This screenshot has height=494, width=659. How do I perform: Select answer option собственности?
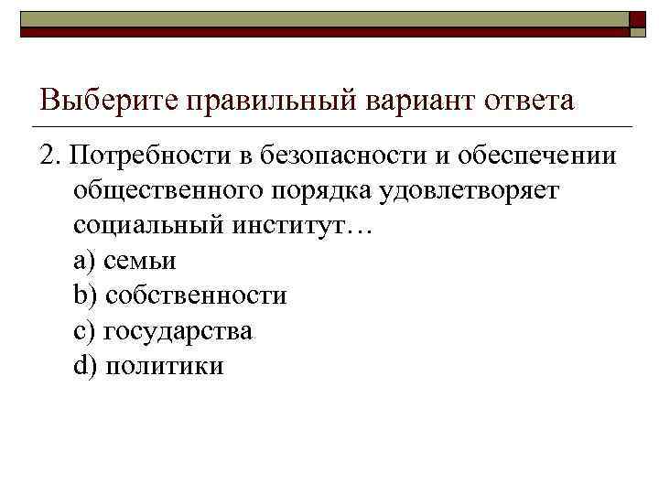pyautogui.click(x=196, y=296)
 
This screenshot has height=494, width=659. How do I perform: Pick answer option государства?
pyautogui.click(x=178, y=331)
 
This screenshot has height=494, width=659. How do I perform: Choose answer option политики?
pyautogui.click(x=164, y=366)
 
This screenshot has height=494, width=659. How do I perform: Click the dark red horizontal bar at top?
pyautogui.click(x=320, y=31)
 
